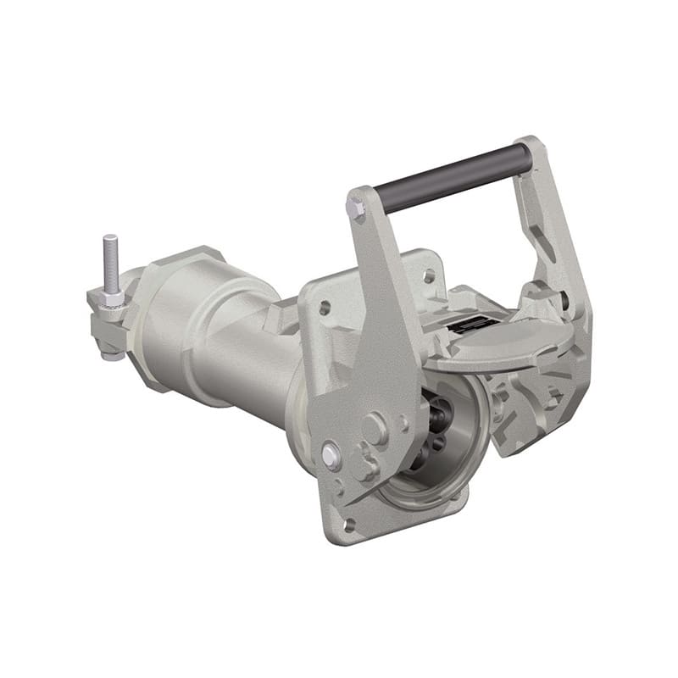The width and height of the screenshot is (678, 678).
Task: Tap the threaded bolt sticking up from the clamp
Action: point(109,263)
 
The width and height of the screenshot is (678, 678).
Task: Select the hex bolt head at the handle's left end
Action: point(356,208)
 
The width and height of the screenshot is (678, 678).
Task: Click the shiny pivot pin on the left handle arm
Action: point(331,456)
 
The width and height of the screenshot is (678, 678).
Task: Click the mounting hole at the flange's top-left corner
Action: point(324,307)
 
